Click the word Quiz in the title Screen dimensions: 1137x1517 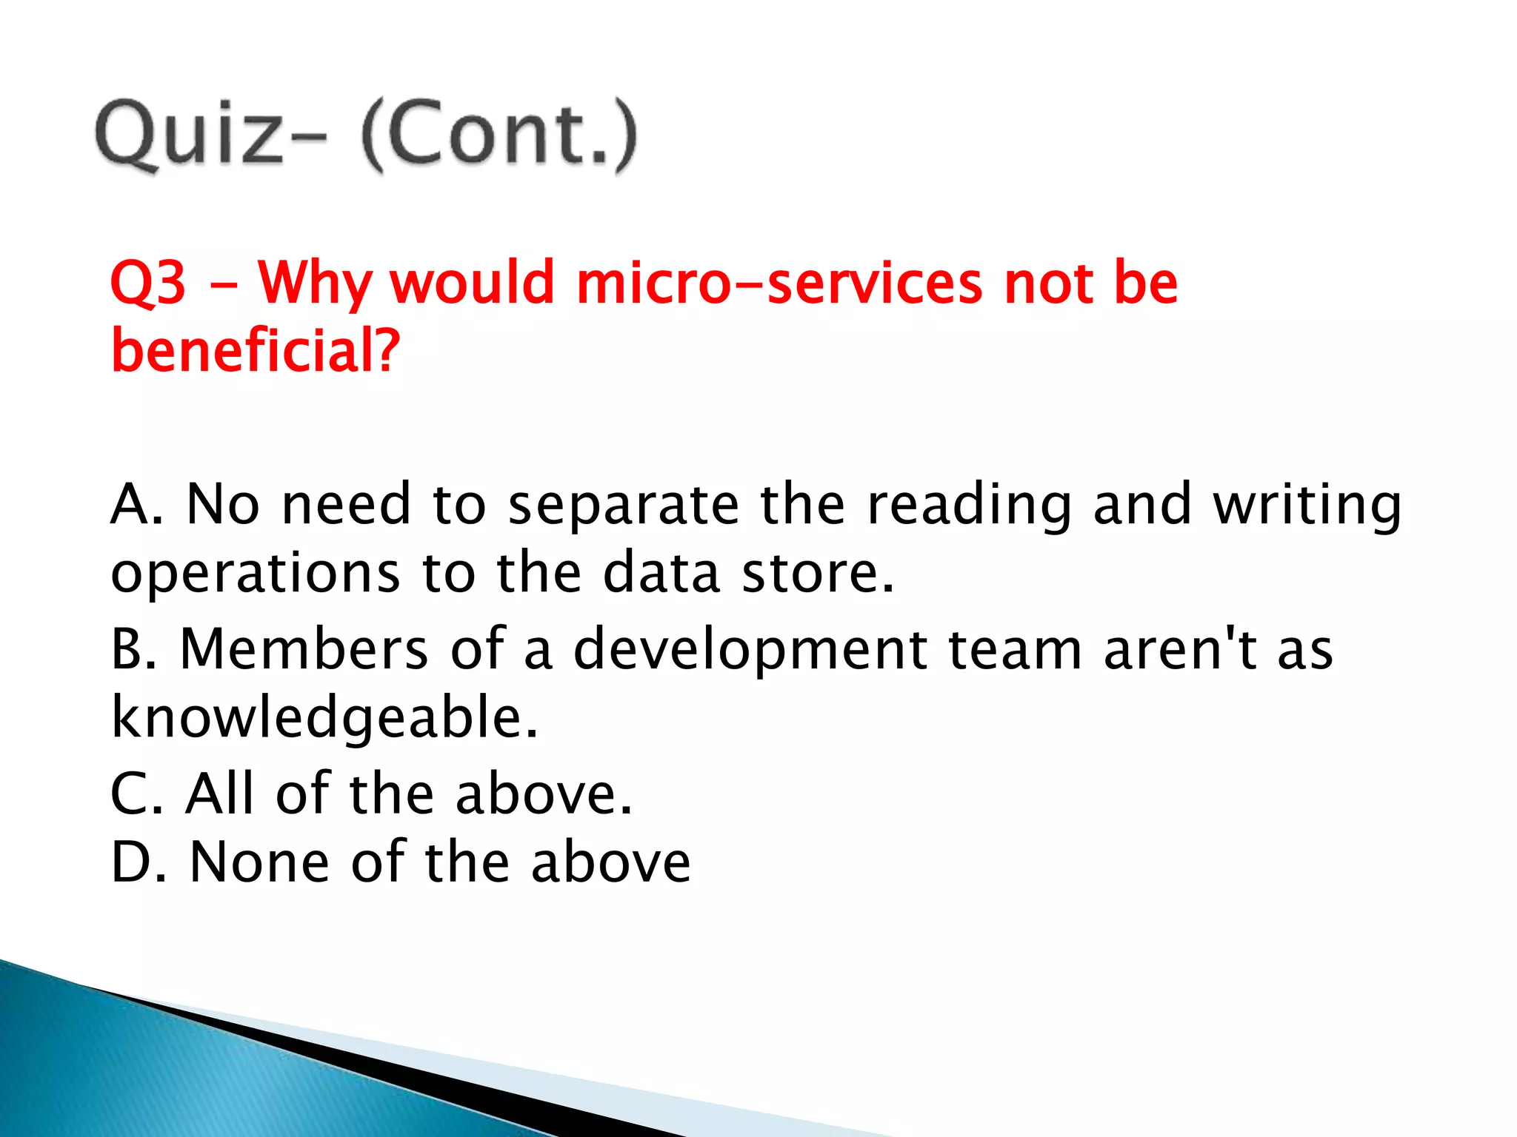tap(189, 135)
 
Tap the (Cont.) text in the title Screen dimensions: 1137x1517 tap(499, 135)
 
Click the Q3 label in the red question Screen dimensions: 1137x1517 tap(147, 284)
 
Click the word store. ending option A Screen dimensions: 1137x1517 tap(818, 574)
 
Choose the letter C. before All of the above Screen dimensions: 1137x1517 tap(136, 794)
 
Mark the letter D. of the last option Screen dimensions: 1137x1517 tap(138, 862)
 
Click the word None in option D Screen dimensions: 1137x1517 tap(259, 862)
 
